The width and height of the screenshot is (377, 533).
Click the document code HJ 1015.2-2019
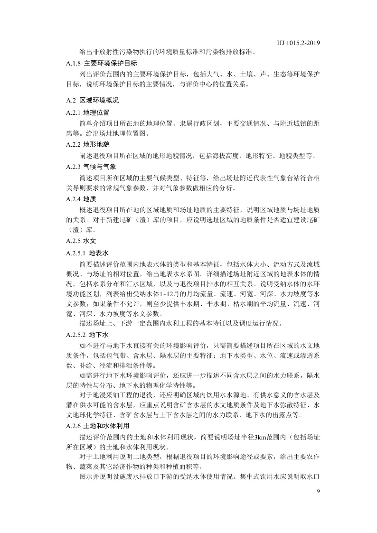coord(298,43)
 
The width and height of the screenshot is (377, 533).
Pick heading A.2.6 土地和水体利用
coord(97,426)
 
